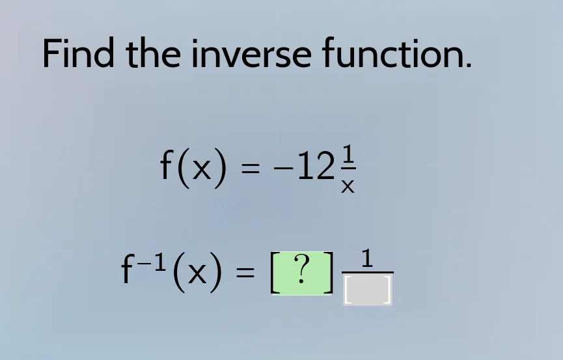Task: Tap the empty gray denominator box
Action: click(367, 290)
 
